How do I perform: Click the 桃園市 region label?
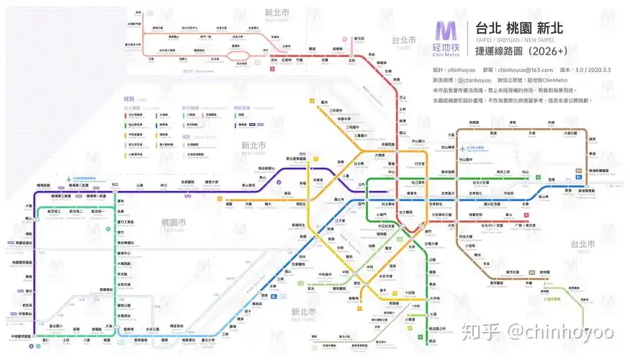pyautogui.click(x=174, y=223)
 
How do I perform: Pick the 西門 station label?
pyautogui.click(x=362, y=204)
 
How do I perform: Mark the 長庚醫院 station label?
pyautogui.click(x=187, y=182)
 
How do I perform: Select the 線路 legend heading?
pyautogui.click(x=129, y=98)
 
